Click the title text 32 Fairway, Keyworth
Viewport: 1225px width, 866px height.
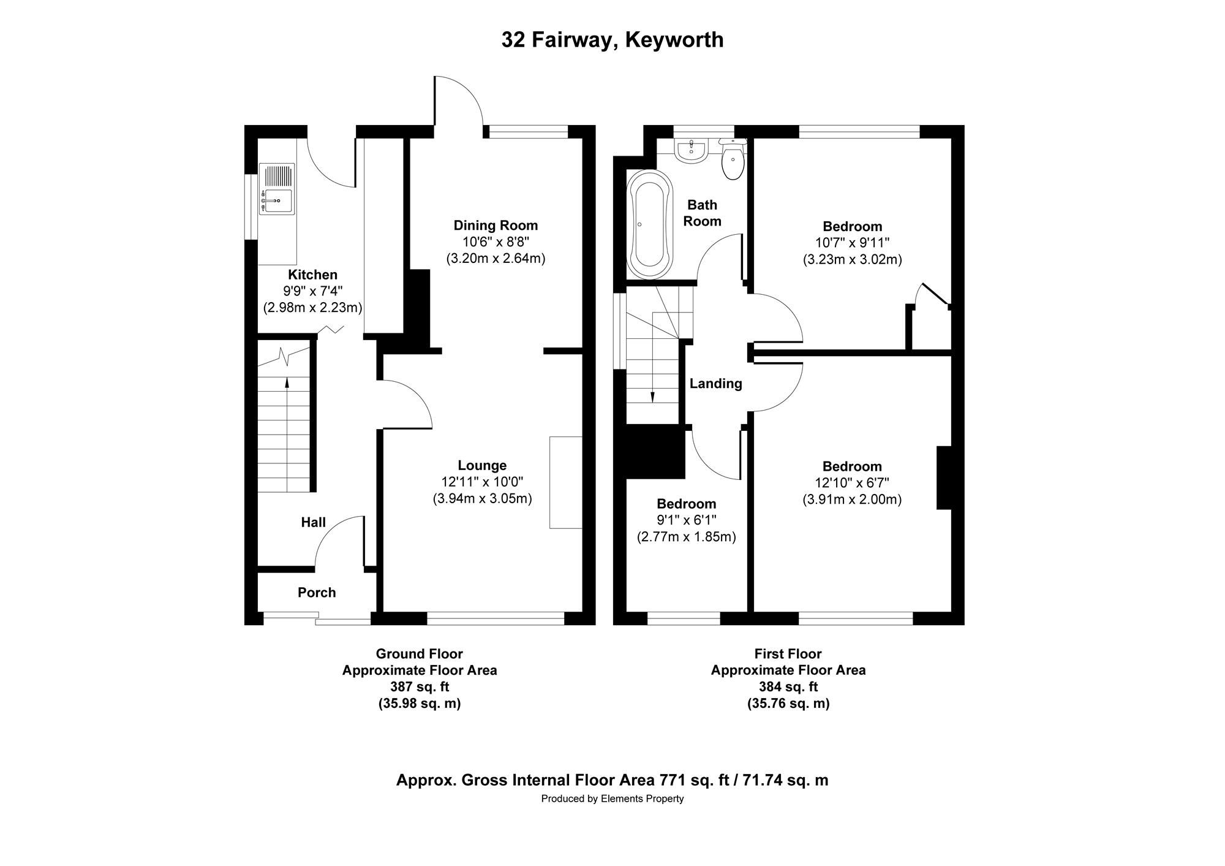point(612,40)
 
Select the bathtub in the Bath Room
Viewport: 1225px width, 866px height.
point(649,225)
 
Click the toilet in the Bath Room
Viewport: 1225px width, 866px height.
point(733,161)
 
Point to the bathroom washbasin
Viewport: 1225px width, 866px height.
point(692,150)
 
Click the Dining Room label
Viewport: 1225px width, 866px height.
point(495,226)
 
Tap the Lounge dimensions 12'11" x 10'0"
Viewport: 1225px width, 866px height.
point(482,482)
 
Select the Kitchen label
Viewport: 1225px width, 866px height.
point(312,275)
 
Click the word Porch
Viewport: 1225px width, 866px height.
point(317,593)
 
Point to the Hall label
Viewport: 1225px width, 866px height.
point(313,523)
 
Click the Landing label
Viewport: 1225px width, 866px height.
point(715,384)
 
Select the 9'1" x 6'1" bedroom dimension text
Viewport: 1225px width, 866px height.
point(686,520)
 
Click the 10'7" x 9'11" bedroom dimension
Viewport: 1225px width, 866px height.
point(852,243)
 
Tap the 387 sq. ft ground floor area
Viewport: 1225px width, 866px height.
point(420,687)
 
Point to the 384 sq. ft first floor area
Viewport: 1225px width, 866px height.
point(788,687)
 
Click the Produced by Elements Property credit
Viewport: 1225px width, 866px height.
point(612,799)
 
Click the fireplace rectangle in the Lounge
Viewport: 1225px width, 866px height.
point(565,482)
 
